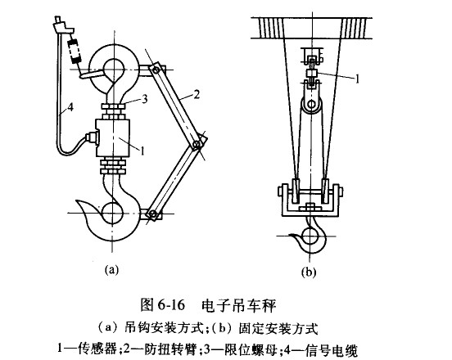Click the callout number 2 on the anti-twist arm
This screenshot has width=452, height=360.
197,94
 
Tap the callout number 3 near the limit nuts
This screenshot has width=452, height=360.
144,99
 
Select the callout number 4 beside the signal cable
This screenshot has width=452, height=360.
70,108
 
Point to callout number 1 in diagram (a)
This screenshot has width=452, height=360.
142,151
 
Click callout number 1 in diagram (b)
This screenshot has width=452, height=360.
358,79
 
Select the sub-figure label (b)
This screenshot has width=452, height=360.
309,272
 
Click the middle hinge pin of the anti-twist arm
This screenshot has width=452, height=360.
197,144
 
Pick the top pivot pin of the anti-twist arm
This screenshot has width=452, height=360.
156,70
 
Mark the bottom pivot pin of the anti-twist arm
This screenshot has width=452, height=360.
153,214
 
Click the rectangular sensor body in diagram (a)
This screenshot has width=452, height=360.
113,137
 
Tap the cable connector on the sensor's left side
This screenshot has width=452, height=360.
93,137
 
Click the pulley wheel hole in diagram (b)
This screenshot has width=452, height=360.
311,104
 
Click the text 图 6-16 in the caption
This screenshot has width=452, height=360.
162,304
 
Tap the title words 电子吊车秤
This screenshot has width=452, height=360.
238,305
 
